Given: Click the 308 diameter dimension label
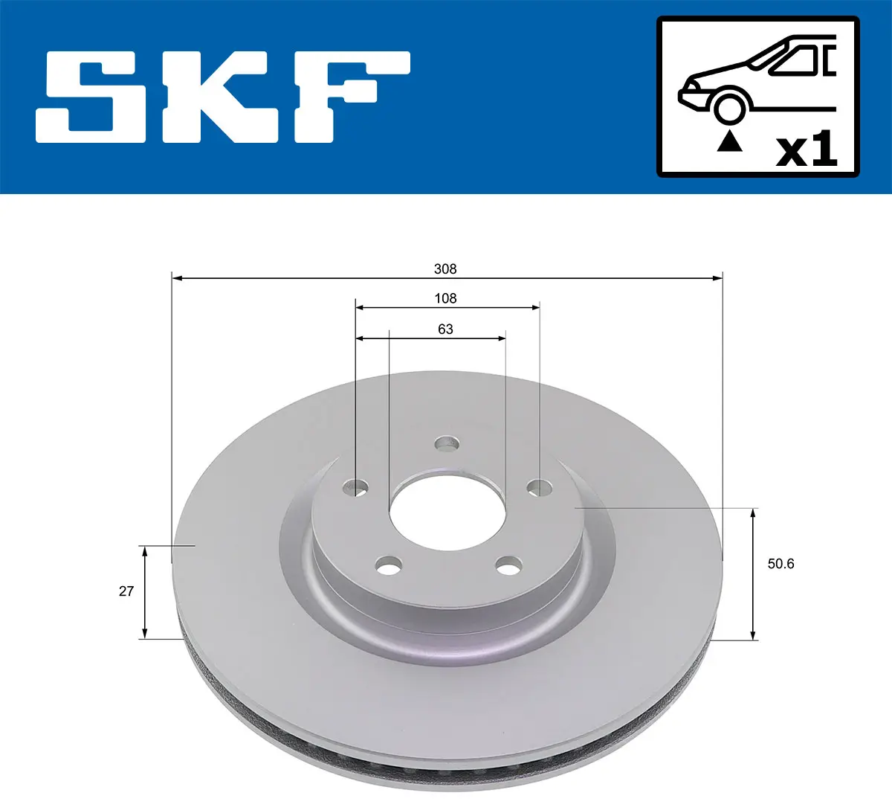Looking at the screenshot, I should tap(445, 269).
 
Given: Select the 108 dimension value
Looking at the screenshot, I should tap(445, 298).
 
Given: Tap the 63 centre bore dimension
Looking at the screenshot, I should tap(445, 329).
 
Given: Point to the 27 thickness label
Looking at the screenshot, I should tap(126, 591).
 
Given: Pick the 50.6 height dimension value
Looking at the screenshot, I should tap(780, 564).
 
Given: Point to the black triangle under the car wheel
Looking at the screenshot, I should tap(729, 141).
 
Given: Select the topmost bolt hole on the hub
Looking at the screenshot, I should tap(447, 444).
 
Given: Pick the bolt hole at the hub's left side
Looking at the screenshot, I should tap(356, 488).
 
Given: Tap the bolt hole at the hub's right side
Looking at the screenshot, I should tap(540, 488).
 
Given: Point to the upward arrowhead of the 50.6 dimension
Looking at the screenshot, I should tap(754, 514).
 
